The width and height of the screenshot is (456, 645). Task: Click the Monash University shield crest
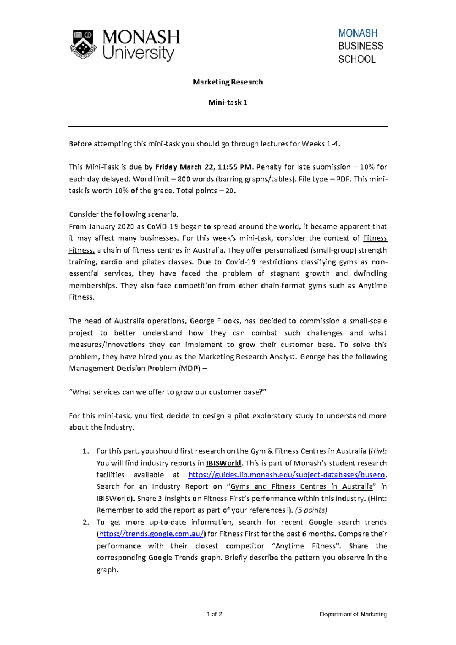82,44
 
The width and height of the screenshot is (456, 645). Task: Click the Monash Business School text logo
360,46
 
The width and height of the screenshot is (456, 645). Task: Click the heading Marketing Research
228,82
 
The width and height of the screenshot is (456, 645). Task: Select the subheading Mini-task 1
228,102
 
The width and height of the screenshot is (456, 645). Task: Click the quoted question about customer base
167,392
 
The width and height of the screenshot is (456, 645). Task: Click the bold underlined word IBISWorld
223,463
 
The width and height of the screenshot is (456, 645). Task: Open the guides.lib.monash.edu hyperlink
287,475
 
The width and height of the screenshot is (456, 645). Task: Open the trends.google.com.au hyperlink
151,534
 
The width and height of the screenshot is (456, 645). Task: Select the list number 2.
86,522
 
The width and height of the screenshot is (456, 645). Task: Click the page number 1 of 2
215,614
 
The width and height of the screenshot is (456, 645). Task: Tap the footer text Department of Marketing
353,614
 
